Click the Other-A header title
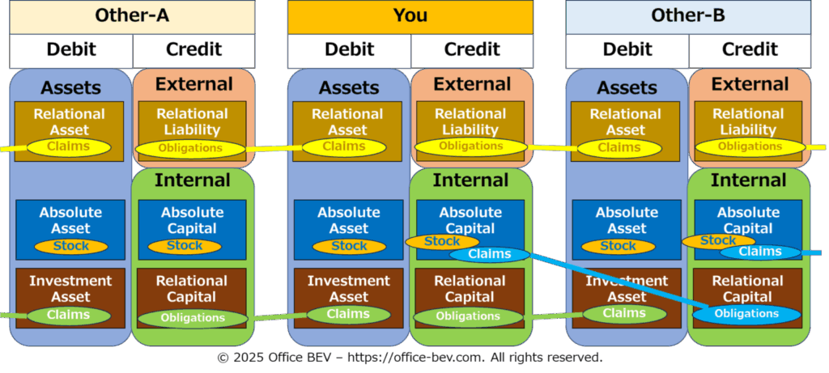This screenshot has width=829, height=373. (132, 15)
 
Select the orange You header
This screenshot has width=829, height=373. (410, 17)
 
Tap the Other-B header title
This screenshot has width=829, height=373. (688, 15)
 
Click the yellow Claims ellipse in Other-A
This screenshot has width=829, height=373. (69, 147)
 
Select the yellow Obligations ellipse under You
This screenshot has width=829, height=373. (471, 146)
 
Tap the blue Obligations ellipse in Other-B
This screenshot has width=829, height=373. (746, 314)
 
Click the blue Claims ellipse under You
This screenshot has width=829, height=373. (490, 254)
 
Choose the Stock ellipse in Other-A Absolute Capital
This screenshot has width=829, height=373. (185, 246)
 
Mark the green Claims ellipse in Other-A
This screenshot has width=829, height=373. (69, 316)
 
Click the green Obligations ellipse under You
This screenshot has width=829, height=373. (468, 316)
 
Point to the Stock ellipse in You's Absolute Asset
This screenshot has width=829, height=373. (349, 247)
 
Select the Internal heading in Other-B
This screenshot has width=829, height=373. (749, 180)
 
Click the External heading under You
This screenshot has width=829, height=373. (472, 84)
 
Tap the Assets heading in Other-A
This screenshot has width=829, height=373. (70, 87)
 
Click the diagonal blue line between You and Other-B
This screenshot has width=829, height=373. (619, 281)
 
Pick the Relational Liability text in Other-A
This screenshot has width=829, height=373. (192, 122)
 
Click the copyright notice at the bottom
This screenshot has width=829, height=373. (410, 358)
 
